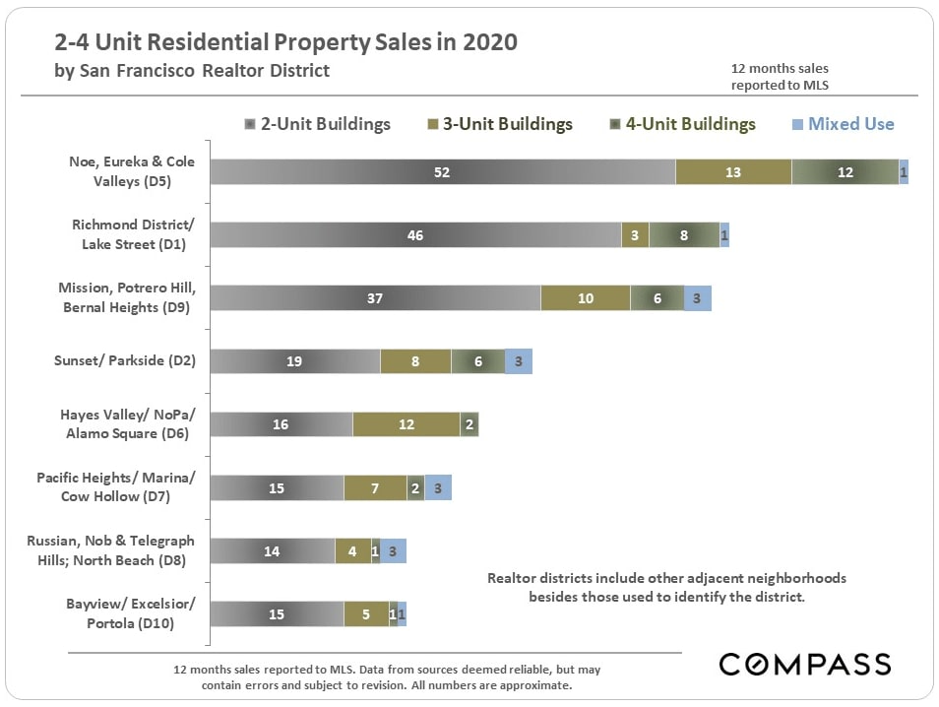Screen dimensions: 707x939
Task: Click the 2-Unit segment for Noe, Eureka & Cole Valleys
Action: click(443, 172)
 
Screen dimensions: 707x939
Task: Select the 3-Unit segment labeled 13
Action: click(733, 172)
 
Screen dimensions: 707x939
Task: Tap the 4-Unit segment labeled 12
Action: click(845, 172)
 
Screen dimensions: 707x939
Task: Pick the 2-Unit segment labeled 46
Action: click(415, 235)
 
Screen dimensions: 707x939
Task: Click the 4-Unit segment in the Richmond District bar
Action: click(684, 235)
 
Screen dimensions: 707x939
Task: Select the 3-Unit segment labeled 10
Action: click(586, 298)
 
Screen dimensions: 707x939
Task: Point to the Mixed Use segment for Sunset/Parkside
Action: click(519, 361)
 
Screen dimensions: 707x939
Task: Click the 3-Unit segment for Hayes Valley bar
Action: click(406, 424)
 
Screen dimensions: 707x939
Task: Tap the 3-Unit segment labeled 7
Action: click(375, 487)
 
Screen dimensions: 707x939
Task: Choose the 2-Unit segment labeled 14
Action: click(273, 551)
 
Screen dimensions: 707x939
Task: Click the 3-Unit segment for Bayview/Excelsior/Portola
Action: click(366, 614)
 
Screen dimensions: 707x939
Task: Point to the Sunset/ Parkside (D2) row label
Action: click(125, 361)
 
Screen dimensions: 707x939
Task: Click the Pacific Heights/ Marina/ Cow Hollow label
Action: click(116, 487)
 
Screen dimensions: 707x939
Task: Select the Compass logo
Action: click(805, 663)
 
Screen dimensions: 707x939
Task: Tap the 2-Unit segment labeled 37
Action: click(375, 298)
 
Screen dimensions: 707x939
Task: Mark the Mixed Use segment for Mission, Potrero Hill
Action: click(697, 298)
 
